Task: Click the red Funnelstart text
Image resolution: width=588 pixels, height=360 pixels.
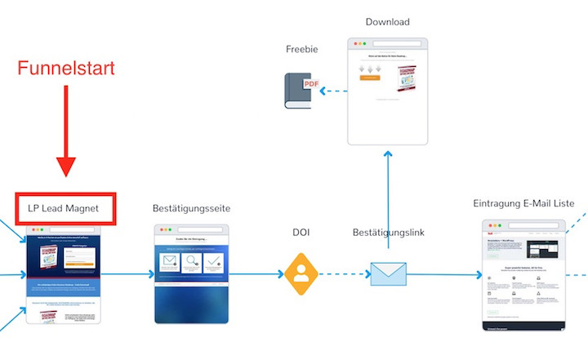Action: pos(67,68)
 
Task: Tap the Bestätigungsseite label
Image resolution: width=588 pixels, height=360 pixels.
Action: pos(192,209)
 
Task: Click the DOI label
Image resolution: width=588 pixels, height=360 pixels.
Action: pos(301,233)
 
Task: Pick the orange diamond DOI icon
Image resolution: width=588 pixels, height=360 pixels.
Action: pos(301,274)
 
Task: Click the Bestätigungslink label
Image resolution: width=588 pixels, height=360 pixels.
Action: pos(388,233)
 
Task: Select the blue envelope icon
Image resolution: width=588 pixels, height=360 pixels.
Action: pos(388,274)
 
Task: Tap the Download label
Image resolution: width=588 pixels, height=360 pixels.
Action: pos(387,22)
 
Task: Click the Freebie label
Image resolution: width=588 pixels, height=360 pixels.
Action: pos(301,49)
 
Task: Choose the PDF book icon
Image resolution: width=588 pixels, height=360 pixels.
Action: pos(301,91)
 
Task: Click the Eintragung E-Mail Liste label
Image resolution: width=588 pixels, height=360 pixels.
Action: pos(523,203)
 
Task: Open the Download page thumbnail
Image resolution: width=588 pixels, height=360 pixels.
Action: pos(387,91)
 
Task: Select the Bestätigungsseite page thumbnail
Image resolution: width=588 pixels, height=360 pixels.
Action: pos(192,273)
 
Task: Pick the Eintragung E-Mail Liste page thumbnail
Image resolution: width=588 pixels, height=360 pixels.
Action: pos(523,275)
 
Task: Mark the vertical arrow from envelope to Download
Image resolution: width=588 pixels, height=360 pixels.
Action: pos(388,204)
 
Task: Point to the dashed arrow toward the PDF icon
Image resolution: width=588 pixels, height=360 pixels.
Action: pos(333,91)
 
